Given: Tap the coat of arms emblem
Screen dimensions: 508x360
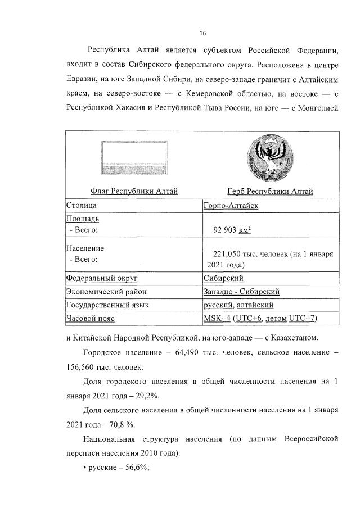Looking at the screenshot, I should (271, 158).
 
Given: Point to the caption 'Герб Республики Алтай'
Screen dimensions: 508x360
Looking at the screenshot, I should (271, 192).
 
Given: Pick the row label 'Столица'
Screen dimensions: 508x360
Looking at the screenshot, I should (82, 206).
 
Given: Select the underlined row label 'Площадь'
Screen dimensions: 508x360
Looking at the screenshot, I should (83, 219).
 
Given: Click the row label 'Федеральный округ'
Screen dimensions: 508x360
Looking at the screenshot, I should (102, 278).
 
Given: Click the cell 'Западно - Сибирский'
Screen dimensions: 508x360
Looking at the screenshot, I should (241, 292).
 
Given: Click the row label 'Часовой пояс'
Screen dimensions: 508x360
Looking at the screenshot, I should (90, 319).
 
